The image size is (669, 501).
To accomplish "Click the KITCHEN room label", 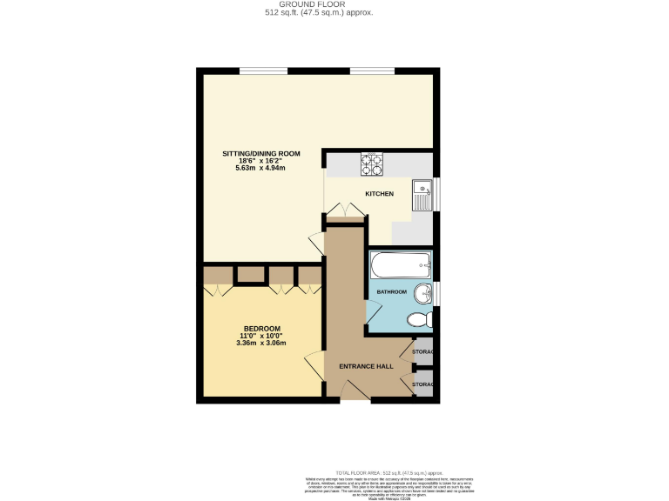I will pyautogui.click(x=379, y=193).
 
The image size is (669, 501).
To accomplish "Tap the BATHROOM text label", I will pyautogui.click(x=391, y=292).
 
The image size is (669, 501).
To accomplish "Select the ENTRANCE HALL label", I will pyautogui.click(x=366, y=366).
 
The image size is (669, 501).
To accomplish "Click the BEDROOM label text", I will pyautogui.click(x=261, y=328).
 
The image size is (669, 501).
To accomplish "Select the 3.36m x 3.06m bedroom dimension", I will pyautogui.click(x=261, y=343).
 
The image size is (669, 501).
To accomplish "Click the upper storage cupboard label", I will pyautogui.click(x=423, y=351).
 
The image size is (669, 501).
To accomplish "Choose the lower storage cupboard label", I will pyautogui.click(x=423, y=383).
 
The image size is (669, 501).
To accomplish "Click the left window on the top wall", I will pyautogui.click(x=262, y=70).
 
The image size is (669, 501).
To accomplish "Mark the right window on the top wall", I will pyautogui.click(x=372, y=70).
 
